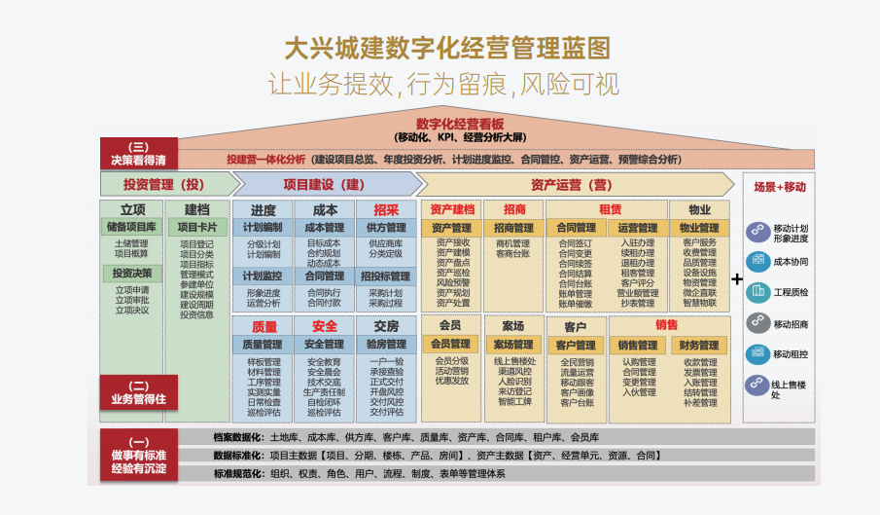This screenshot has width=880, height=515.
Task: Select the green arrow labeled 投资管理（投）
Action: pyautogui.click(x=165, y=184)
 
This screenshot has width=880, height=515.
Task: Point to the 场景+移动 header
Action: pyautogui.click(x=780, y=186)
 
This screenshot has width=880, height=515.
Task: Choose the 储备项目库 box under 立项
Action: pyautogui.click(x=132, y=227)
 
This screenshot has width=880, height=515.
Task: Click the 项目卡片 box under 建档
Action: pyautogui.click(x=196, y=227)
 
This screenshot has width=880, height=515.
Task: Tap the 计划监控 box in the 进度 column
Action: pyautogui.click(x=263, y=276)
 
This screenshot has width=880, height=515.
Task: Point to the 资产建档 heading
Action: pyautogui.click(x=451, y=209)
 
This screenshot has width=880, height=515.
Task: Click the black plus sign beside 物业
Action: pyautogui.click(x=737, y=279)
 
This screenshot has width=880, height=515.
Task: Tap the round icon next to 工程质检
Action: pyautogui.click(x=758, y=290)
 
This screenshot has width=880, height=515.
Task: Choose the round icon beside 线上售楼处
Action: pyautogui.click(x=758, y=385)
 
